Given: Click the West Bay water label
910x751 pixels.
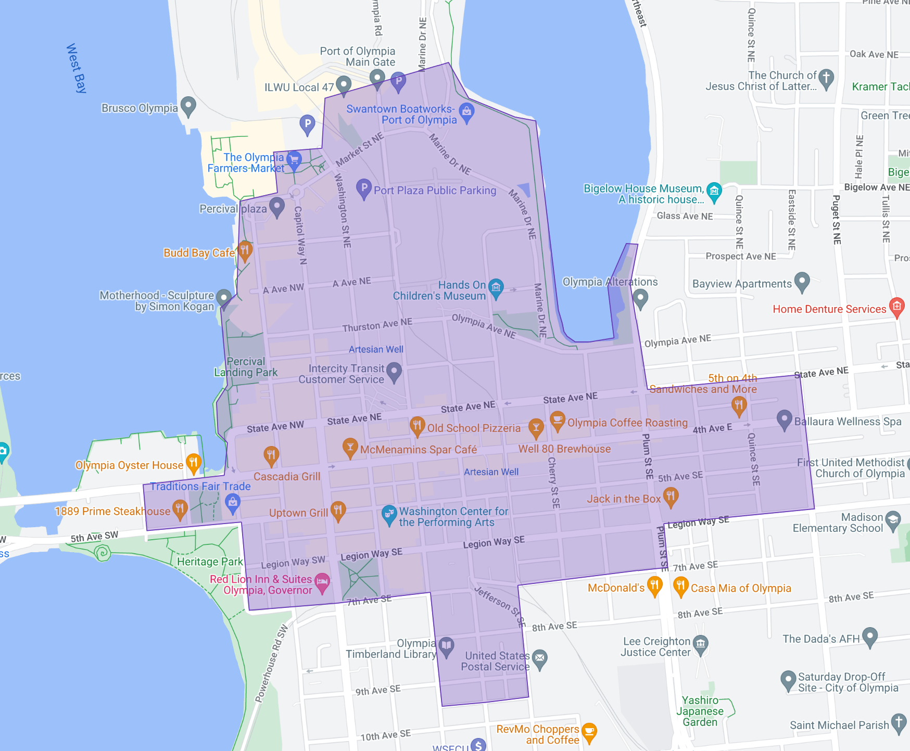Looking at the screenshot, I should pyautogui.click(x=76, y=68).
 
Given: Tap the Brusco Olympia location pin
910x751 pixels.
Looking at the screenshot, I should pyautogui.click(x=188, y=106).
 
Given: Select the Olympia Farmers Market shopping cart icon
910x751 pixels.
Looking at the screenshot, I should pyautogui.click(x=294, y=159).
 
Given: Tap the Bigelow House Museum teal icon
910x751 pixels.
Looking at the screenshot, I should pyautogui.click(x=714, y=191).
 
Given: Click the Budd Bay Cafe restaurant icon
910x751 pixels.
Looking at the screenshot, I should pyautogui.click(x=245, y=250).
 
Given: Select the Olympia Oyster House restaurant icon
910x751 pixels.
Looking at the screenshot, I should pyautogui.click(x=193, y=462).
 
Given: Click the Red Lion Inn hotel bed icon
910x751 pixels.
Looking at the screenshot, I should pyautogui.click(x=322, y=581).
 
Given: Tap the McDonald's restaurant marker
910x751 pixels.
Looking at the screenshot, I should pyautogui.click(x=654, y=585).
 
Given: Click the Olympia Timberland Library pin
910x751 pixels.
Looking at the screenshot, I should pyautogui.click(x=446, y=646).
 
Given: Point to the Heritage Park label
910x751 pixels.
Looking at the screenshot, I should pyautogui.click(x=210, y=562).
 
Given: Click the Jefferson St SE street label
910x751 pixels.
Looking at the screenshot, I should pyautogui.click(x=500, y=606).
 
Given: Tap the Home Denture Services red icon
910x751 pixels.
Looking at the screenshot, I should pyautogui.click(x=896, y=307).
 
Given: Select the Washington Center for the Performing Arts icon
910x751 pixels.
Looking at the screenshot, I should pyautogui.click(x=389, y=514).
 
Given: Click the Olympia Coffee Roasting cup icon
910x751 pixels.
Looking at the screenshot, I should pyautogui.click(x=557, y=420).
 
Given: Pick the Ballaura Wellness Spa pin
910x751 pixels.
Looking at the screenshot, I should pyautogui.click(x=784, y=419).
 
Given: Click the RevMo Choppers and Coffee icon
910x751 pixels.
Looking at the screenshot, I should pyautogui.click(x=589, y=732).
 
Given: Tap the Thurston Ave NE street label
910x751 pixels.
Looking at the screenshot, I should pyautogui.click(x=377, y=325).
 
